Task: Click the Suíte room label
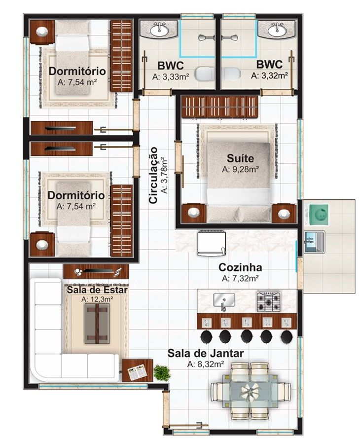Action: [240, 158]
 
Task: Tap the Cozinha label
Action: [240, 267]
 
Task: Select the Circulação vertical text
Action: [154, 175]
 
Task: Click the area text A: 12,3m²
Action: [97, 299]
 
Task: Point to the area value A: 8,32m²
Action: [206, 364]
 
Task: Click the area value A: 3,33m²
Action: [171, 76]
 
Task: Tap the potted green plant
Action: [162, 372]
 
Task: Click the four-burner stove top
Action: [269, 301]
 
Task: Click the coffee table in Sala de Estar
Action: [97, 324]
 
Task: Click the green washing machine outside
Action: [319, 215]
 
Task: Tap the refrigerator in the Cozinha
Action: [212, 243]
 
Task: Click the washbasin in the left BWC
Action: [159, 29]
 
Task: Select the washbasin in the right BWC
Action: [277, 29]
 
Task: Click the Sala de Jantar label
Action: [206, 353]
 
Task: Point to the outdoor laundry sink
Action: [314, 242]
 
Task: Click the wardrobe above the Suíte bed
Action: [220, 107]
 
